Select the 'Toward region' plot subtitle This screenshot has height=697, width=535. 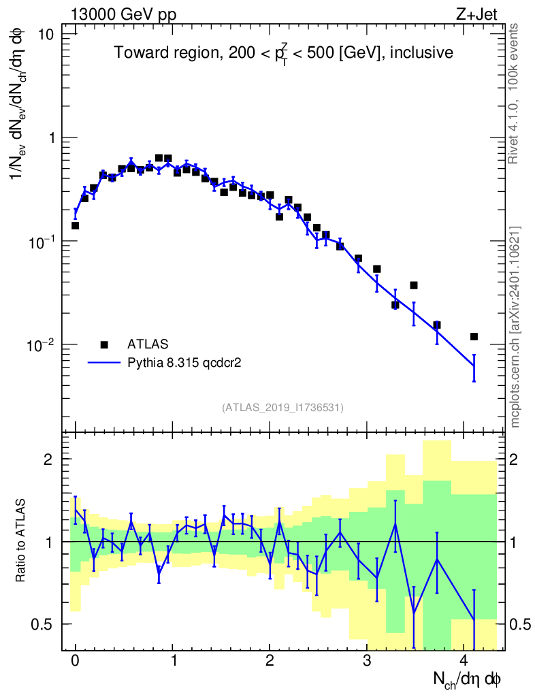pyautogui.click(x=283, y=53)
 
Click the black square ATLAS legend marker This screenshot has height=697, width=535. pyautogui.click(x=104, y=344)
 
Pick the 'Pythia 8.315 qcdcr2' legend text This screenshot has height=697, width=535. pyautogui.click(x=185, y=363)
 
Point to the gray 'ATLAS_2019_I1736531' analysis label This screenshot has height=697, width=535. pyautogui.click(x=282, y=408)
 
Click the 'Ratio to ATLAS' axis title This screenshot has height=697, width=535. pyautogui.click(x=21, y=541)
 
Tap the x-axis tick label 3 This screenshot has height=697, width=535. pyautogui.click(x=367, y=660)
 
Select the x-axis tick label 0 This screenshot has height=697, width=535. pyautogui.click(x=75, y=660)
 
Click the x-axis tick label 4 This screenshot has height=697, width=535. pyautogui.click(x=464, y=660)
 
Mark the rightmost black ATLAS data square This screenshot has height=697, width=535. pyautogui.click(x=474, y=336)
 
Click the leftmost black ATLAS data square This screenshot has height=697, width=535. pyautogui.click(x=75, y=225)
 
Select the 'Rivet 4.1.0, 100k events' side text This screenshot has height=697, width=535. pyautogui.click(x=514, y=93)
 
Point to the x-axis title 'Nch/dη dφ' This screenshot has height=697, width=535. pyautogui.click(x=468, y=679)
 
